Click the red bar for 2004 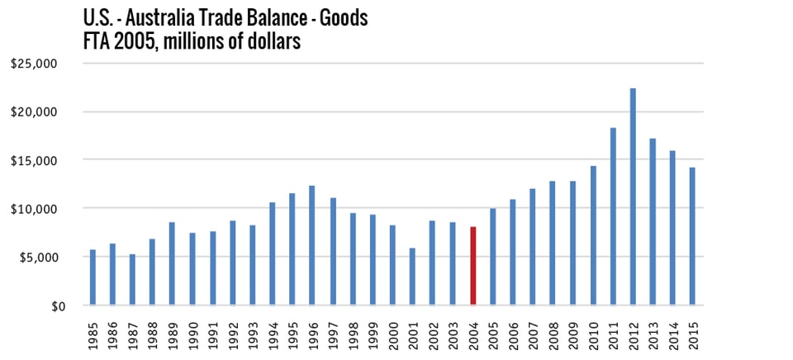point(473,266)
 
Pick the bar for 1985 point(93,277)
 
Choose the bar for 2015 point(693,236)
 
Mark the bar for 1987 point(132,280)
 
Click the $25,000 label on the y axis point(36,63)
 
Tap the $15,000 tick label point(36,160)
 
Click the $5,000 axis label point(39,258)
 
